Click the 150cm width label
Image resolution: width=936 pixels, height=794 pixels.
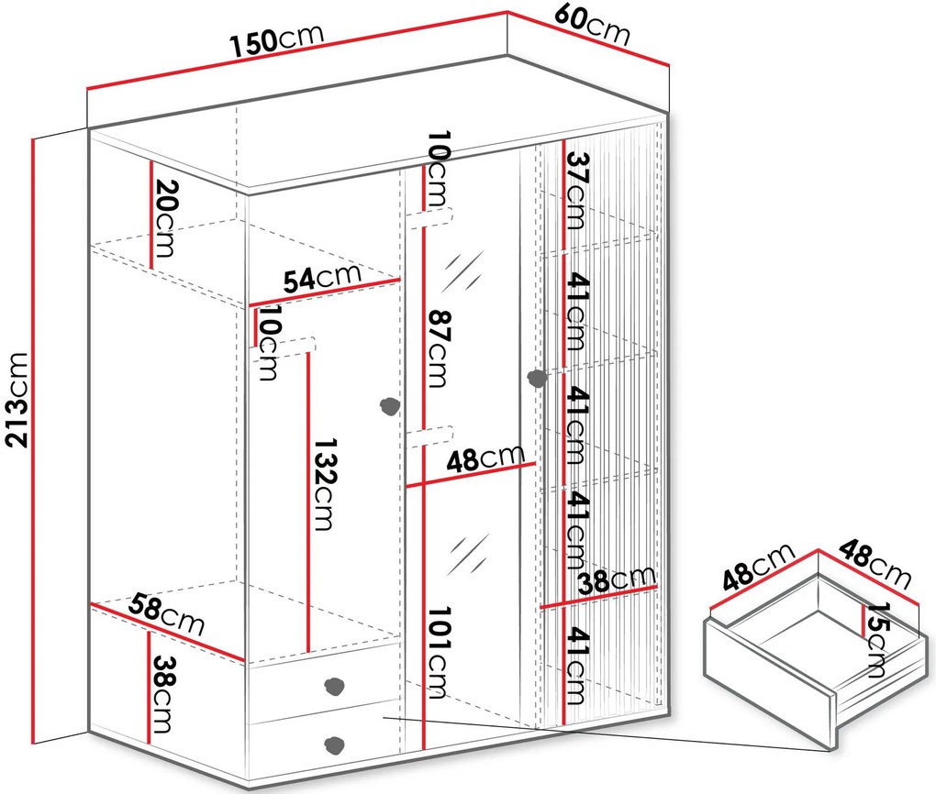click(x=277, y=40)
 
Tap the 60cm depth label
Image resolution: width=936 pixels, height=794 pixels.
click(x=592, y=26)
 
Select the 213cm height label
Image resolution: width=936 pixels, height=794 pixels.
click(x=17, y=399)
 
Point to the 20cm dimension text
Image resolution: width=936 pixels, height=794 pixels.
click(x=165, y=218)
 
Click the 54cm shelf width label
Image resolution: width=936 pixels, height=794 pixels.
click(x=322, y=279)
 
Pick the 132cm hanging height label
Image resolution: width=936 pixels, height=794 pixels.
click(x=325, y=484)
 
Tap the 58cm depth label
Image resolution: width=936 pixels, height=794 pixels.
click(x=166, y=614)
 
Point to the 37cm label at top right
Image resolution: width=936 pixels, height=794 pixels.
click(x=576, y=191)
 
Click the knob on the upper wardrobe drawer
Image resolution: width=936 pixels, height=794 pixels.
click(x=335, y=685)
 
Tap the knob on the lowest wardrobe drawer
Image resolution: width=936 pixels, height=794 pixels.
click(x=334, y=744)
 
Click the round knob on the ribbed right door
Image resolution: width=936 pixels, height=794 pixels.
click(x=537, y=379)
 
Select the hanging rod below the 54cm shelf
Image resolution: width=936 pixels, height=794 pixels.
click(x=283, y=350)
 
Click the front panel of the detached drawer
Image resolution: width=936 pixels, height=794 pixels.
click(x=771, y=686)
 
